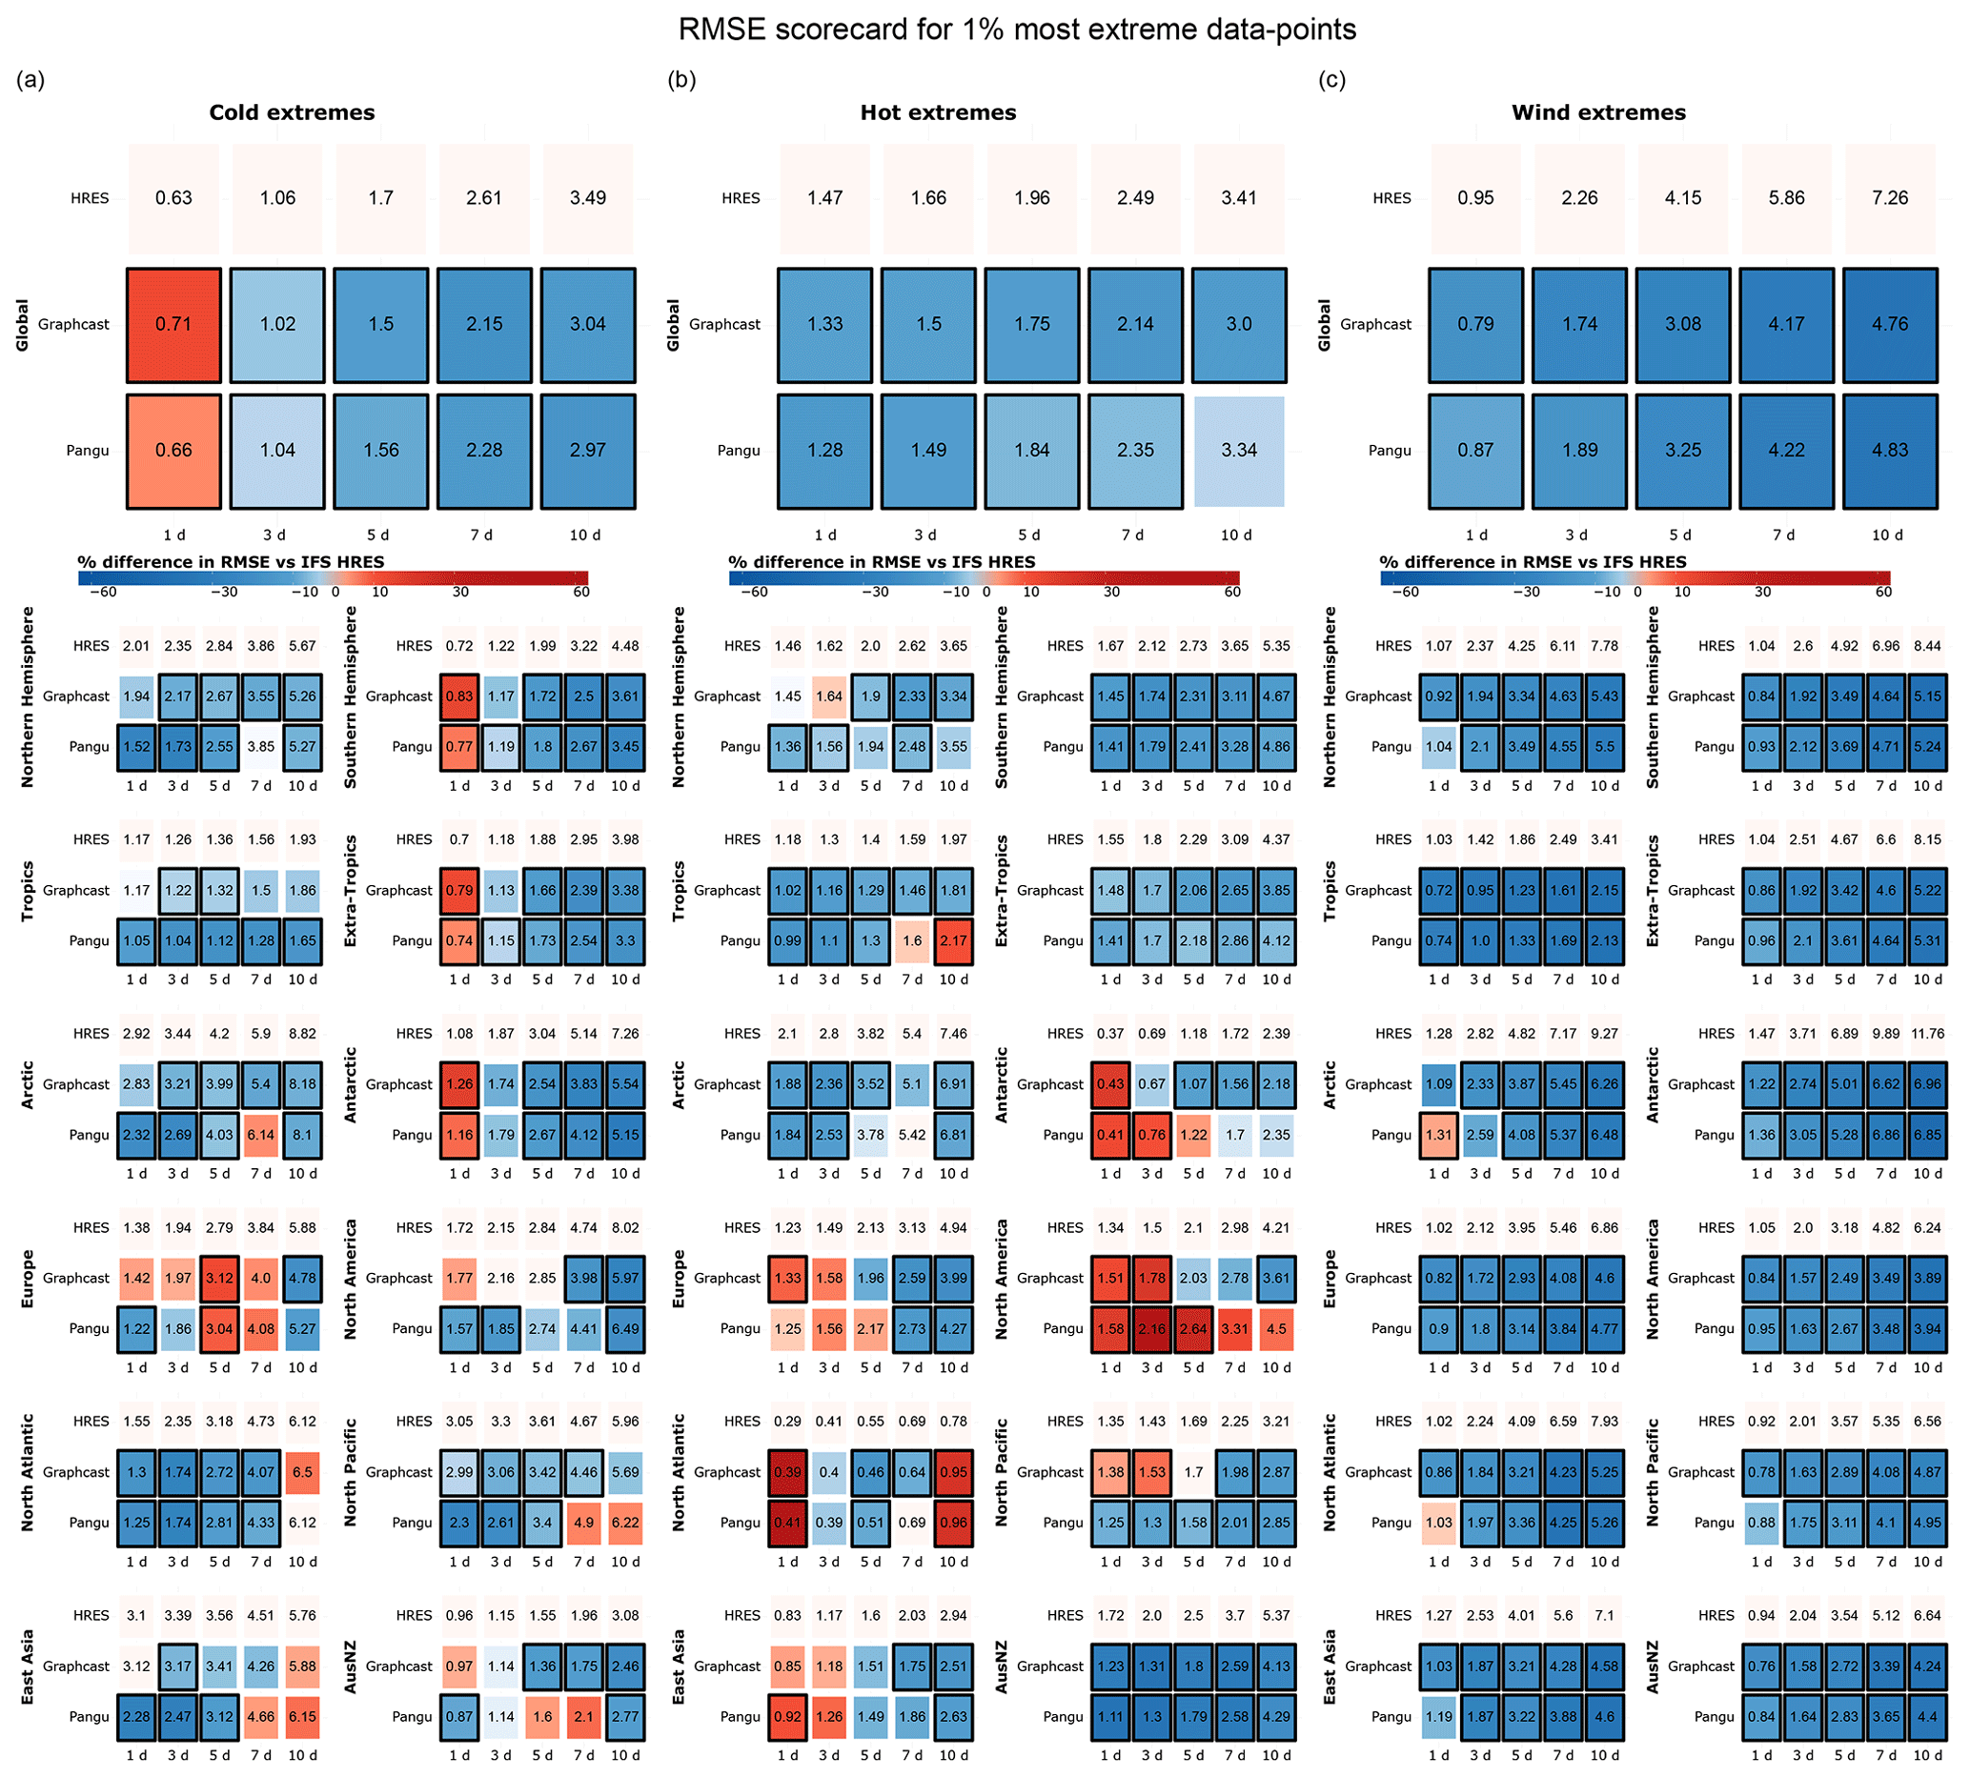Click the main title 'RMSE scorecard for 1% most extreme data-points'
coord(1016,30)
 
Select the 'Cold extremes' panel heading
coord(291,112)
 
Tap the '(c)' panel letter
coord(1331,80)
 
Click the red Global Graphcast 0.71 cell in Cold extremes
coord(173,324)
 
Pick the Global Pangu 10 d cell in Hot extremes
coord(1238,450)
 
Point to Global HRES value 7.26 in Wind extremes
coord(1889,197)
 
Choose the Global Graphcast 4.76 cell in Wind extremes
coord(1889,324)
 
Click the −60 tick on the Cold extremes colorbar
coord(104,592)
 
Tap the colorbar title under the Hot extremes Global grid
coord(881,562)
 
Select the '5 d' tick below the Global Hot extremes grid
coord(1028,535)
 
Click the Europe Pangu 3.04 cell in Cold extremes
coord(220,1328)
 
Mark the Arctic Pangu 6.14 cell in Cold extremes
coord(261,1135)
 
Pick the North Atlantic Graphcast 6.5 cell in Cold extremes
coord(303,1472)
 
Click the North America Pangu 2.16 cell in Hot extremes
coord(1151,1328)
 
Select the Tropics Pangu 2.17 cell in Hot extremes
coord(953,941)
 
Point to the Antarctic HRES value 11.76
coord(1927,1034)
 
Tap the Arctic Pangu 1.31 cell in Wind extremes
coord(1439,1135)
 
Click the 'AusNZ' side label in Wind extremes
coord(1652,1666)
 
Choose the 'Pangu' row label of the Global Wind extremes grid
coord(1389,450)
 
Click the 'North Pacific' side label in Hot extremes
coord(1001,1472)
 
